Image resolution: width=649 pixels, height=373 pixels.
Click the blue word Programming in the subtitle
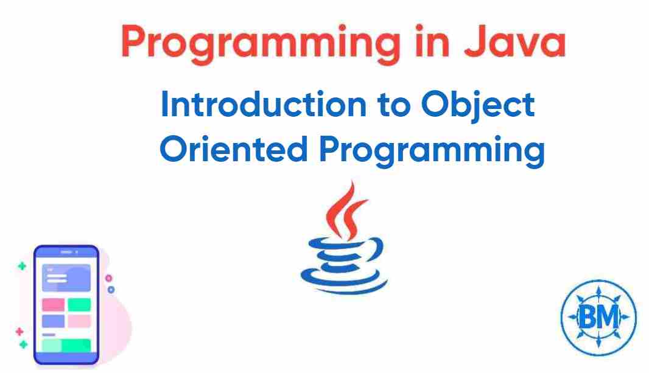pos(432,150)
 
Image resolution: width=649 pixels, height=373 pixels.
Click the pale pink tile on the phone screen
pos(79,321)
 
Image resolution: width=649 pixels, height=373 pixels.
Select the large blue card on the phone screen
pos(66,278)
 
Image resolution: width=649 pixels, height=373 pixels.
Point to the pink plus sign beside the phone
pos(19,332)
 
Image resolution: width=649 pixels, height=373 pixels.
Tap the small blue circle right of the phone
pos(111,290)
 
